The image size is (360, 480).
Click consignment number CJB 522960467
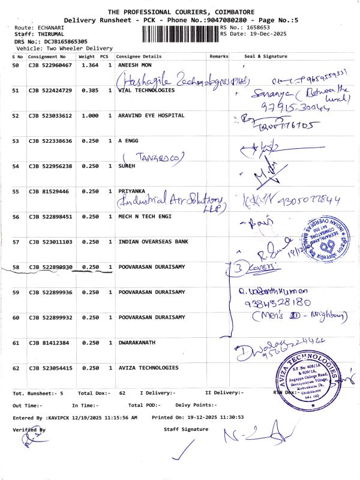50,65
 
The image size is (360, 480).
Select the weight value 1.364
89,65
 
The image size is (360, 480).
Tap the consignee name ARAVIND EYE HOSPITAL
151,115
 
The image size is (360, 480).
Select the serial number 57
16,242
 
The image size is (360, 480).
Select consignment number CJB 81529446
48,191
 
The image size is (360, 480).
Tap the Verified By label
28,430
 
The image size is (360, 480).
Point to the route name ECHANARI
46,28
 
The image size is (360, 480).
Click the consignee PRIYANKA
131,191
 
